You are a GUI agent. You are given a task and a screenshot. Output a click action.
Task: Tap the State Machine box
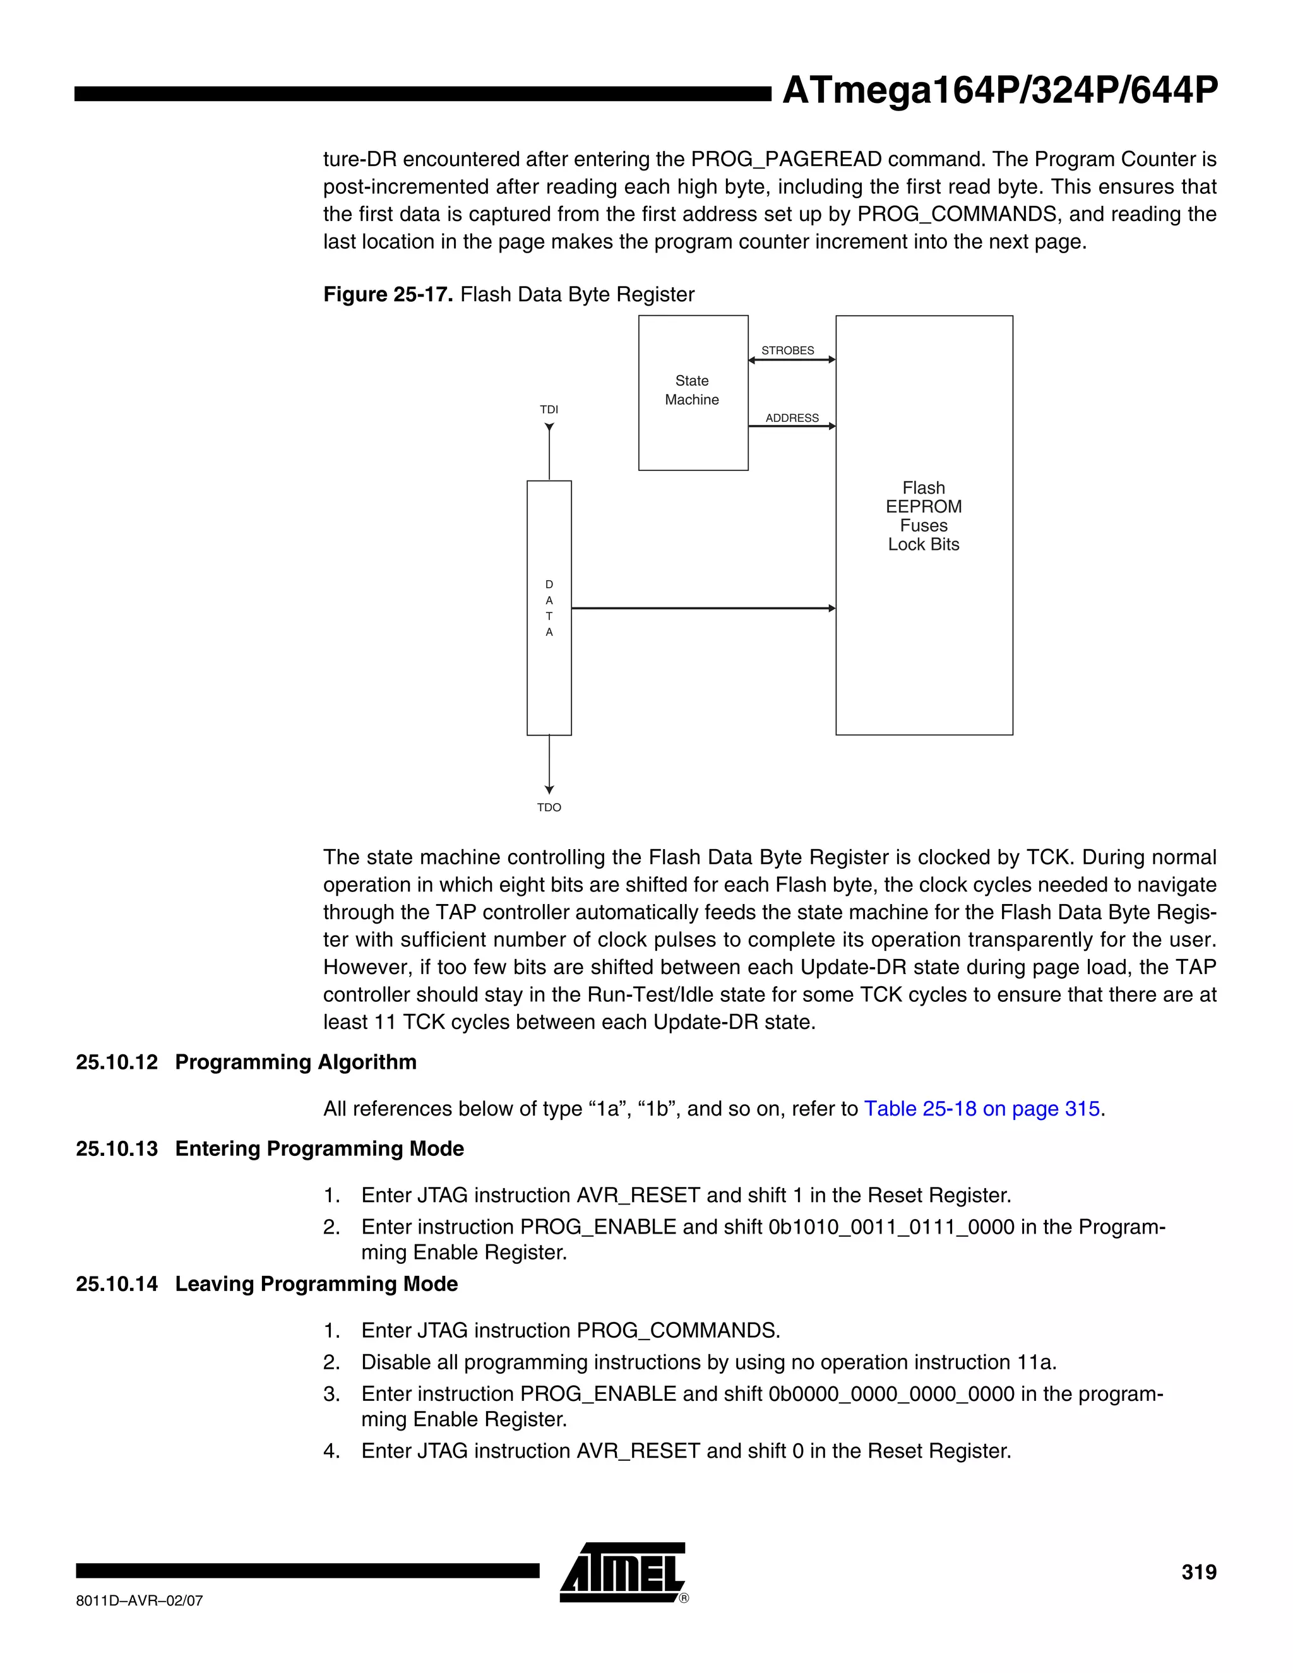tap(693, 391)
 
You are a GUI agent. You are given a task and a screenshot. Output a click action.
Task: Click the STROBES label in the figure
tap(787, 350)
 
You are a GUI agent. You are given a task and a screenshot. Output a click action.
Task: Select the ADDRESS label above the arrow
tap(792, 417)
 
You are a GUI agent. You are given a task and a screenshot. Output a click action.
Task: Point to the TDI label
tap(549, 410)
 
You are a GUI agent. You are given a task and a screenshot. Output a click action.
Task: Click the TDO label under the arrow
tap(549, 807)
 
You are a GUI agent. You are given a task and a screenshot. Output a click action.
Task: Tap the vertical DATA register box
tap(549, 607)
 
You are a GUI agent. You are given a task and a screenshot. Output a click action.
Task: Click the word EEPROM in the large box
tap(923, 506)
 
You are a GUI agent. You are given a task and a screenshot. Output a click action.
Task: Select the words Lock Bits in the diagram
tap(923, 545)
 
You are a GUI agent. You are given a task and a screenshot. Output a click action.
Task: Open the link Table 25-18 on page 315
tap(981, 1109)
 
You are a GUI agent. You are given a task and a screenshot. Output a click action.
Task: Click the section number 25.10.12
tap(116, 1062)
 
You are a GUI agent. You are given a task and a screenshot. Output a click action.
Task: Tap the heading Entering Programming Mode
tap(319, 1148)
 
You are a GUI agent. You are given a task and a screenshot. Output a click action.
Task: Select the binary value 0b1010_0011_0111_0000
tap(891, 1227)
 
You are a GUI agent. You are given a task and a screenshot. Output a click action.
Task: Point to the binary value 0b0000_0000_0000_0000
tap(891, 1393)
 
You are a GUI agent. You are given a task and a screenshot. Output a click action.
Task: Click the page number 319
tap(1198, 1572)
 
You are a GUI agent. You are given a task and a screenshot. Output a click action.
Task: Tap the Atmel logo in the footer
tap(623, 1572)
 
